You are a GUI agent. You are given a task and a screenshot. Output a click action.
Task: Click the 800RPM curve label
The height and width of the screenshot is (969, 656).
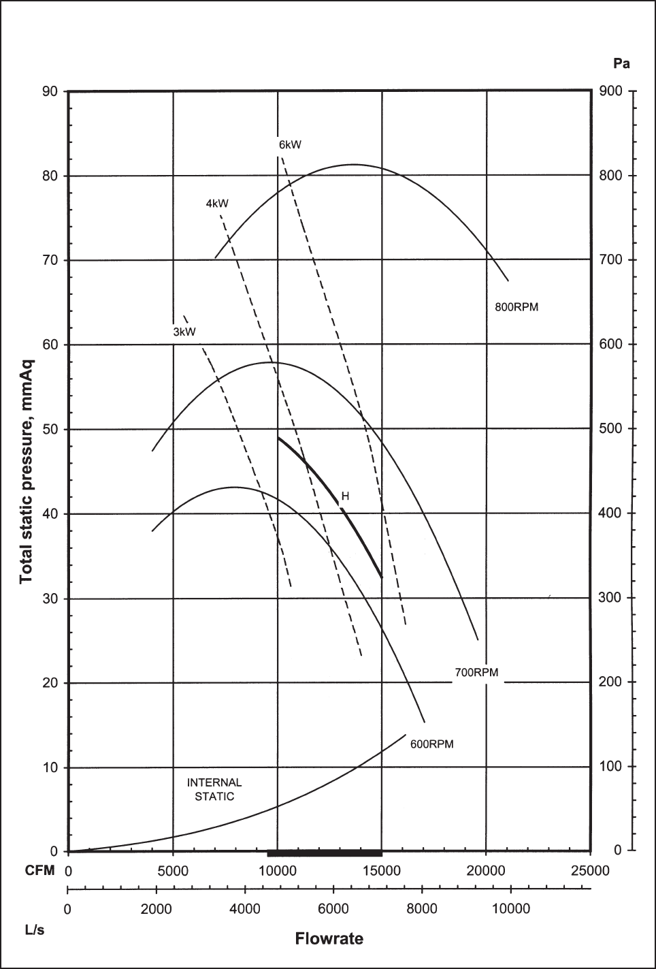pos(516,307)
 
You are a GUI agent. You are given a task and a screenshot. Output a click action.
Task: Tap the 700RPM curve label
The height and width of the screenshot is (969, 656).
pos(476,673)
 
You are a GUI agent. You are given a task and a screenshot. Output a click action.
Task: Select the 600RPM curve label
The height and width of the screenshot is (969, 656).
pos(431,744)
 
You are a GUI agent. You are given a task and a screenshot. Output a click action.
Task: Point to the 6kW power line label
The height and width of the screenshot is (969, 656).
pos(290,144)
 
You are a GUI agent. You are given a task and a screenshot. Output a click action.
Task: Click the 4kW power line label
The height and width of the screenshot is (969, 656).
pos(217,203)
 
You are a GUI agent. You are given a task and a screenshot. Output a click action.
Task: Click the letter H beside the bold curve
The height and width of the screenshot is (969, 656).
pos(345,496)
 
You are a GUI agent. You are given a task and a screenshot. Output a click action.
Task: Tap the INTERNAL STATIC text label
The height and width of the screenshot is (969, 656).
pos(214,789)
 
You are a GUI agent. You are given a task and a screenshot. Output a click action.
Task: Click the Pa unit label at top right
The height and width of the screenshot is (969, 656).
pos(621,64)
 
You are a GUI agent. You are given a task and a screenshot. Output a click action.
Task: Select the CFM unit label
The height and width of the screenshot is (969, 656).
pos(39,871)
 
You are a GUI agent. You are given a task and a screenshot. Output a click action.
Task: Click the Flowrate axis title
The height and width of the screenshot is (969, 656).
pos(329,939)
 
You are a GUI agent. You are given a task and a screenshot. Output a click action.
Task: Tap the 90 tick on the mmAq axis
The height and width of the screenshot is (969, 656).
pos(50,91)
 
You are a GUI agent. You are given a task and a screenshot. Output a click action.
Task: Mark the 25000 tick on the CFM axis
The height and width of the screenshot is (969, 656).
pos(590,871)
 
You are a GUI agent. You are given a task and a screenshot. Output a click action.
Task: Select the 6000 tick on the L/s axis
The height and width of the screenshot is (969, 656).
pos(333,909)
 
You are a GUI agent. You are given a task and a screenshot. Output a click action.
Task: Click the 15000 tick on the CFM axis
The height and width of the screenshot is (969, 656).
pos(381,871)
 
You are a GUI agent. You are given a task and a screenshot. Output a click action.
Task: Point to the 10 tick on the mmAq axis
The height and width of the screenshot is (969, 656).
pos(50,767)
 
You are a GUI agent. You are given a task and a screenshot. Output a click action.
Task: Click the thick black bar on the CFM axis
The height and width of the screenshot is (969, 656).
pos(325,853)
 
